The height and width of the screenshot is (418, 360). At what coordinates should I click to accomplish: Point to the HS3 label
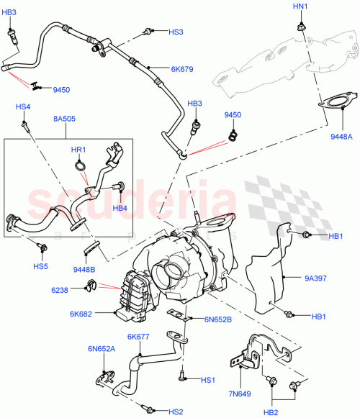[x=176, y=32]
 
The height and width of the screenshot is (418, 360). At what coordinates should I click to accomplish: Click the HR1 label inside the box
[x=78, y=150]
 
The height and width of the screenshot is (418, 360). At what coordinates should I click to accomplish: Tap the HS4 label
[x=23, y=107]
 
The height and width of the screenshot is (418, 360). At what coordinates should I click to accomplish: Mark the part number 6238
[x=79, y=290]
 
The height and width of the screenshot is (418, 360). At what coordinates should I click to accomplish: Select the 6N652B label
[x=219, y=319]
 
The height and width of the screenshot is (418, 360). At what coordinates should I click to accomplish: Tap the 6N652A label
[x=102, y=348]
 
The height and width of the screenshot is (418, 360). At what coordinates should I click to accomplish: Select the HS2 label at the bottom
[x=176, y=412]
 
